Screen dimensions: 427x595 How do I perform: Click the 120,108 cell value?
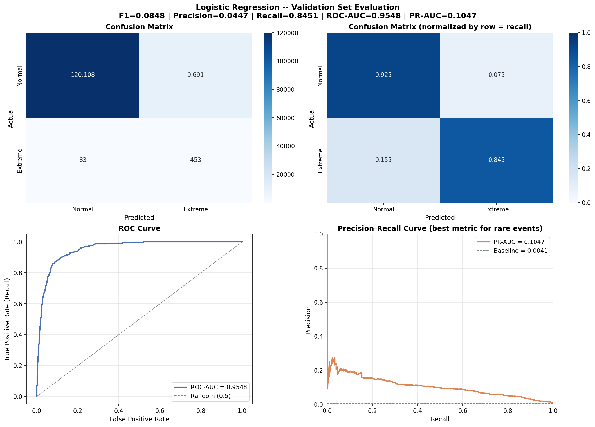(83, 75)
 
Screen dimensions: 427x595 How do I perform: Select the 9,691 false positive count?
(196, 75)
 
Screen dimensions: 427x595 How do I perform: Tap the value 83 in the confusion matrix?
(83, 160)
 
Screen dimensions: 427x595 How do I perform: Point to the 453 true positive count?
(196, 160)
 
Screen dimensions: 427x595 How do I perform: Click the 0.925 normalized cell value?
(383, 75)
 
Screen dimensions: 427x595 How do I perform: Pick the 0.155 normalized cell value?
(383, 160)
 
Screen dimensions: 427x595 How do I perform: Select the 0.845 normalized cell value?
(497, 160)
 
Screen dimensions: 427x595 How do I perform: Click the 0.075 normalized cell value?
(497, 75)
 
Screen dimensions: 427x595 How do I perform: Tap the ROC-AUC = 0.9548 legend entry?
(219, 387)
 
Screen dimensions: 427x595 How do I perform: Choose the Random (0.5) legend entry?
(210, 396)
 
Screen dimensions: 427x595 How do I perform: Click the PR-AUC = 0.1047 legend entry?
(519, 242)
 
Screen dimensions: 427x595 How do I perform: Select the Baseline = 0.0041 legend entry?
(520, 251)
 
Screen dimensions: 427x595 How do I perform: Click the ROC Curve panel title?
(139, 229)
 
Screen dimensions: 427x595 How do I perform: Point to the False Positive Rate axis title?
(139, 419)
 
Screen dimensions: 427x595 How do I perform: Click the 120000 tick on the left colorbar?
(289, 33)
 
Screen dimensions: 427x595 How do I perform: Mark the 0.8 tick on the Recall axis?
(508, 411)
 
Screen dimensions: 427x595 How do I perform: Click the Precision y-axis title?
(308, 320)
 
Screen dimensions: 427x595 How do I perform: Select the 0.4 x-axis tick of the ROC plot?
(119, 411)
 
